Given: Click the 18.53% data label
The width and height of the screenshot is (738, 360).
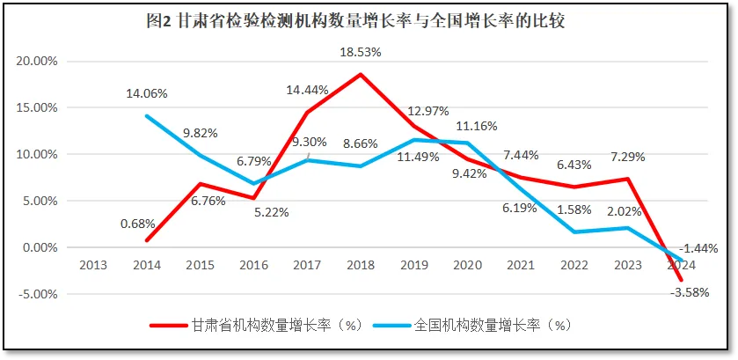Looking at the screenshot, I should (x=361, y=53).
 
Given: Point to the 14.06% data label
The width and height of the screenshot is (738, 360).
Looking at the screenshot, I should (x=146, y=94).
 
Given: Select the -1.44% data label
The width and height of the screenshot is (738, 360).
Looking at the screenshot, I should (x=698, y=247).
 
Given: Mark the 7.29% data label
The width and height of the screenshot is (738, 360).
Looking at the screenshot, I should (x=626, y=157).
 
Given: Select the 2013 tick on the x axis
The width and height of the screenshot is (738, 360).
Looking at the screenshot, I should (x=92, y=263).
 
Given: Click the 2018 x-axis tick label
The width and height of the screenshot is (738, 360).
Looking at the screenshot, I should (x=361, y=263).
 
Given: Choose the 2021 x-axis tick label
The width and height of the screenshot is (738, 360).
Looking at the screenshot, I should (x=522, y=263).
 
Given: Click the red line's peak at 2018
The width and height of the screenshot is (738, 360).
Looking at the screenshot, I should (x=361, y=74).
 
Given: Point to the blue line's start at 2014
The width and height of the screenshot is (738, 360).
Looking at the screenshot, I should (x=146, y=116).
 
